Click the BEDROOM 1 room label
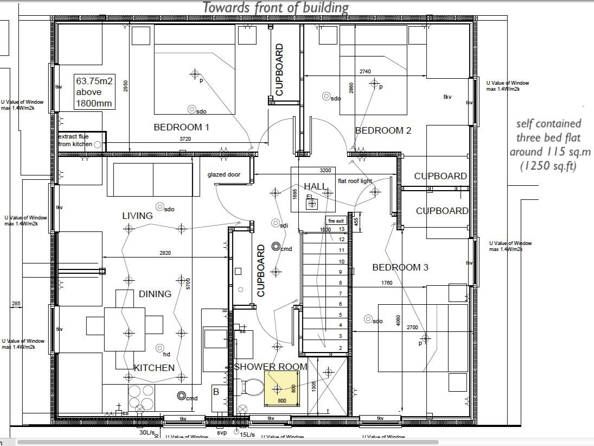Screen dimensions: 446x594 (181, 127)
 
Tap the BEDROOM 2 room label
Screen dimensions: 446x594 (383, 130)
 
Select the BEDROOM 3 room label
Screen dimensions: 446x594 (400, 267)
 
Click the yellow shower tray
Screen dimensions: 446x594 (282, 389)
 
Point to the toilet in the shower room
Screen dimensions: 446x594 (251, 387)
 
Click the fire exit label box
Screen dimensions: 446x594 (336, 221)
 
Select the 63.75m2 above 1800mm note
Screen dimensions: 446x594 (94, 92)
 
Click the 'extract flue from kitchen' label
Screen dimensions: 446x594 (75, 140)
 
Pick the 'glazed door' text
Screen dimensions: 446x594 (223, 175)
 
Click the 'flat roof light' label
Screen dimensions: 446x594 (355, 181)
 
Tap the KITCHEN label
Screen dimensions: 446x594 (155, 368)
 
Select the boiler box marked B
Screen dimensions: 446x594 (216, 393)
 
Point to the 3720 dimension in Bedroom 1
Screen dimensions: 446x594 (186, 140)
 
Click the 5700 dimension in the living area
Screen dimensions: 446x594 (188, 284)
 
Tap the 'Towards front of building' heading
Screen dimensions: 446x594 (275, 8)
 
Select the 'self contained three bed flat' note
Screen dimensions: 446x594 (548, 145)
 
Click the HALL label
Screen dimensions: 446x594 (315, 186)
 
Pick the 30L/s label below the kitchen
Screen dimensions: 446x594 (147, 433)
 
